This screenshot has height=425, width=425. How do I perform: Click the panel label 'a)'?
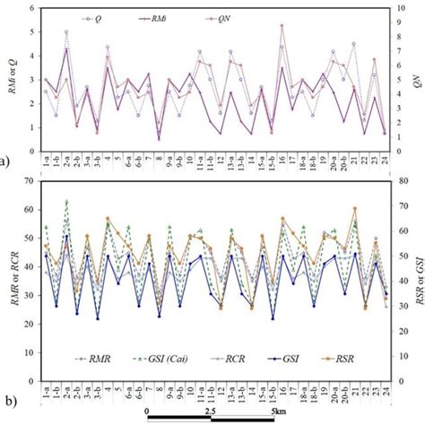click(x=4, y=162)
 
